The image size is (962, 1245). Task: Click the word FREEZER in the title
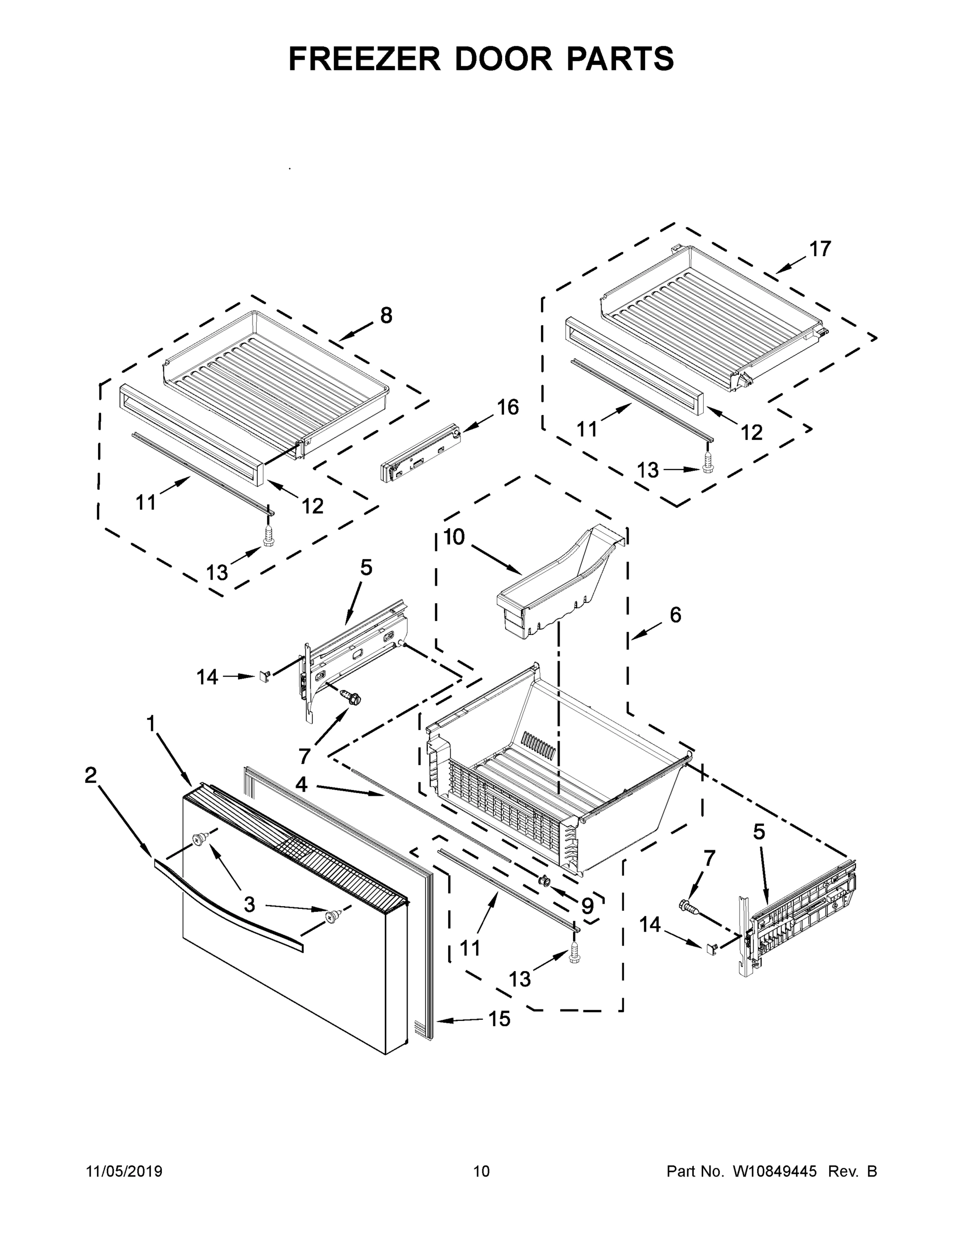[x=365, y=59]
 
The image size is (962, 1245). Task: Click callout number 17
[x=820, y=249]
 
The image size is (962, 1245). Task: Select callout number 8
[x=386, y=315]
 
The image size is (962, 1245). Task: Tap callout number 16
[x=507, y=407]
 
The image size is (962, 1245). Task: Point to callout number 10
[x=454, y=537]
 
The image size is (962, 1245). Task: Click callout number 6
[x=675, y=615]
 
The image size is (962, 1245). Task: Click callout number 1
[x=150, y=724]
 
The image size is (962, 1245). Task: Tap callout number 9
[x=587, y=906]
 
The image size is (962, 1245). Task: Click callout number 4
[x=301, y=785]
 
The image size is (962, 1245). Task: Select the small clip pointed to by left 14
[x=263, y=676]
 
